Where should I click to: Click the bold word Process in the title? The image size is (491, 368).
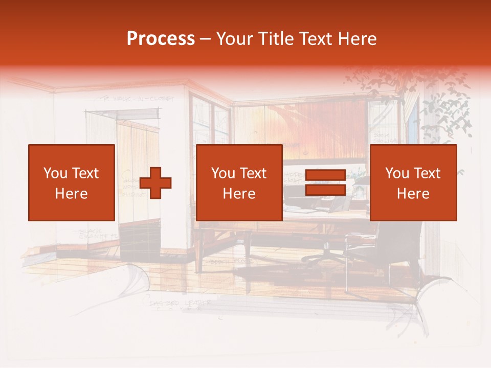coord(161,39)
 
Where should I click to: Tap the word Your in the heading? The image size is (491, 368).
coord(233,39)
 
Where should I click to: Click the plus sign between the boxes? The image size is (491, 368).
coord(155,183)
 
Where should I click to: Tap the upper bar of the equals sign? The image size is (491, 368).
coord(325,175)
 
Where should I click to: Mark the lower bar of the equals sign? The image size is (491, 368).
coord(325,190)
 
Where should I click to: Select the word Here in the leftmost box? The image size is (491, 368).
coord(71,194)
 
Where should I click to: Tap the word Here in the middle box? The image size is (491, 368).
coord(239,194)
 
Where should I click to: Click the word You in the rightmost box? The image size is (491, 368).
coord(397,173)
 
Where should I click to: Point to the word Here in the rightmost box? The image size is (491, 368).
coord(413,194)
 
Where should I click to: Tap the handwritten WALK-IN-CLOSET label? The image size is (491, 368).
coord(136,99)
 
